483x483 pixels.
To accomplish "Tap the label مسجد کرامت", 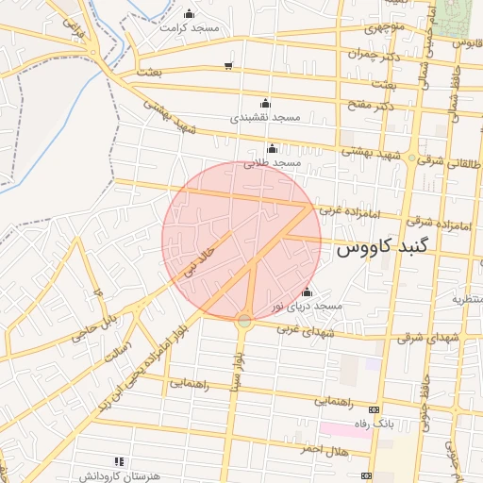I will click(190, 27).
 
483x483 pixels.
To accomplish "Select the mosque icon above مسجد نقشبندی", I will click(265, 104).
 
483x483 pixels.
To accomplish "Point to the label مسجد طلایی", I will click(272, 163).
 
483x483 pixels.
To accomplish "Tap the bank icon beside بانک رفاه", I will click(375, 410).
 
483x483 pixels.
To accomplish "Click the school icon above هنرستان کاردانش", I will click(118, 461).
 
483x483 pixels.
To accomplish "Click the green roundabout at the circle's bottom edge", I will click(244, 322).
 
